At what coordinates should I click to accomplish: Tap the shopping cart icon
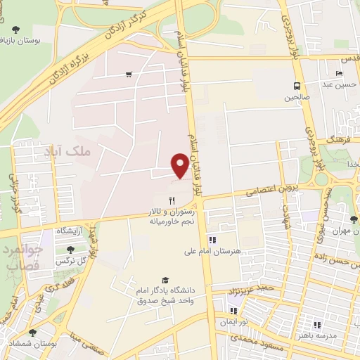129,74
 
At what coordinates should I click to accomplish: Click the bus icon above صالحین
296,86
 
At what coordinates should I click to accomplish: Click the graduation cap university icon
165,280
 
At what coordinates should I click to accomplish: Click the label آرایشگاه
69,231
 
